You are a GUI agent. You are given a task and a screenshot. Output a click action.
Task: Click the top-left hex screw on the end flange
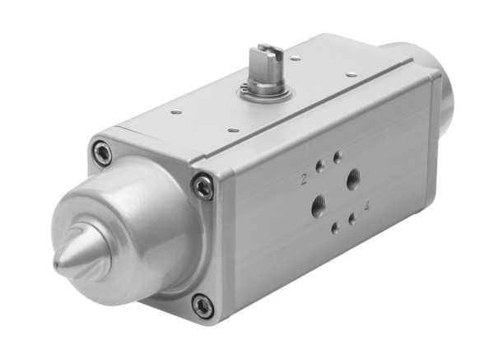click(x=101, y=152)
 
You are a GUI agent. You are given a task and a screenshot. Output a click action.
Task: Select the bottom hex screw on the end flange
click(x=202, y=306)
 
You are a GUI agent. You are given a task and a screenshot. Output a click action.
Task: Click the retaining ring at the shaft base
click(x=264, y=91)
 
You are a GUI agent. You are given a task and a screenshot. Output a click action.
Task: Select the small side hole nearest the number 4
click(x=352, y=218)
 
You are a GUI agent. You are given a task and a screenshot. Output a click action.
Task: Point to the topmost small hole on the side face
click(x=337, y=154)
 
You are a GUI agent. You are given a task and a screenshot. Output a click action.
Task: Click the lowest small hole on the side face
click(x=333, y=227)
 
